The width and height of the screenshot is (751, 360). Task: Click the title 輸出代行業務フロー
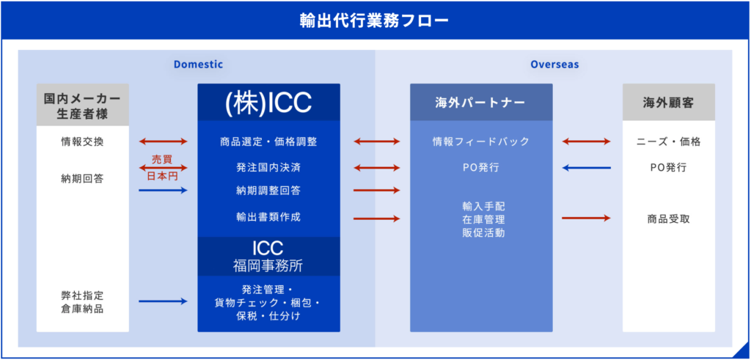tap(375, 21)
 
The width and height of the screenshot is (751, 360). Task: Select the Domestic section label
tap(198, 65)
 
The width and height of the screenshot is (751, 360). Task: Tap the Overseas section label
tap(554, 65)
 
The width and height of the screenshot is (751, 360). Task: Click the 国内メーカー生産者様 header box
tap(82, 105)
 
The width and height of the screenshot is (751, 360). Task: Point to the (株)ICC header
tap(268, 103)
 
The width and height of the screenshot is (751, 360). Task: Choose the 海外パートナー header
tap(481, 103)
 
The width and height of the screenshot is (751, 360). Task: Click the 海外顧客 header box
tap(669, 103)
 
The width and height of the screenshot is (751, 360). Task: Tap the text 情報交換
tap(82, 142)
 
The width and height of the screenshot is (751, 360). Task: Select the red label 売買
tap(162, 159)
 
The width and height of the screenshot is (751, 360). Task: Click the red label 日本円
tap(162, 176)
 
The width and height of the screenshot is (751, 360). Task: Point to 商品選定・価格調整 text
tap(268, 142)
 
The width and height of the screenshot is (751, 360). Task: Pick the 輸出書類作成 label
tap(268, 217)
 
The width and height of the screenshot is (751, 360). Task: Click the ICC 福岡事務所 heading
tap(268, 257)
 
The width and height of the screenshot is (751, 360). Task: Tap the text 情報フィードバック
tap(481, 142)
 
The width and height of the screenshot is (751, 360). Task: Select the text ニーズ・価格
tap(669, 142)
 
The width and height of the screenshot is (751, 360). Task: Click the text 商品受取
tap(669, 218)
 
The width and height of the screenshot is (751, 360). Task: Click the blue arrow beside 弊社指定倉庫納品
tap(163, 301)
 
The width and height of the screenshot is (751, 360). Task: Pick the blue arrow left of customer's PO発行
tap(586, 168)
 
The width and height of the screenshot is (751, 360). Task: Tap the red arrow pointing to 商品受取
tap(586, 218)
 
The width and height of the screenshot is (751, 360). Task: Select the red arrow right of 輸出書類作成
tap(376, 218)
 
